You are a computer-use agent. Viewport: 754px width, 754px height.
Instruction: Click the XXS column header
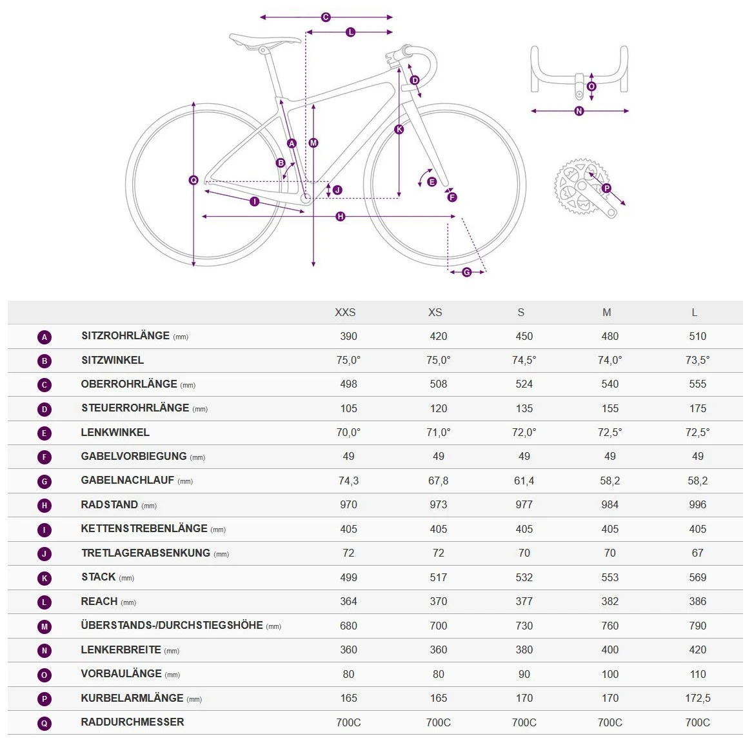pos(345,312)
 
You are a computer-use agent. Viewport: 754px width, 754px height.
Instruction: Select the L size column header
pos(694,312)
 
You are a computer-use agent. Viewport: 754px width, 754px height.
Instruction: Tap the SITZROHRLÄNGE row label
pos(125,336)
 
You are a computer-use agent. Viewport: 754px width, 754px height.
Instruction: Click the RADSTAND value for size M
pos(610,504)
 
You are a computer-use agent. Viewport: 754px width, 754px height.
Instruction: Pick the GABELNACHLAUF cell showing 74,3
pos(348,481)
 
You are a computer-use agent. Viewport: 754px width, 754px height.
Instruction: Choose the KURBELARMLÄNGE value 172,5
pos(698,698)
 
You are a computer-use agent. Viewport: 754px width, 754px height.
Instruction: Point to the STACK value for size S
pos(524,577)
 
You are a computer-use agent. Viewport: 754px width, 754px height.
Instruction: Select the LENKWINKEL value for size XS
pos(438,432)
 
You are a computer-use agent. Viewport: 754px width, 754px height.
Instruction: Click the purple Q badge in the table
pos(45,723)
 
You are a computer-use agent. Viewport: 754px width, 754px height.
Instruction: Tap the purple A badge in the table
pos(45,337)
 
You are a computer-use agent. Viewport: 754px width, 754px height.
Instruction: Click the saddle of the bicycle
pos(264,40)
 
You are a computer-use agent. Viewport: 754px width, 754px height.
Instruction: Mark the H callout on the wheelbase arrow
pos(341,217)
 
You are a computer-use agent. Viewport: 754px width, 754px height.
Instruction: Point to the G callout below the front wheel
pos(466,272)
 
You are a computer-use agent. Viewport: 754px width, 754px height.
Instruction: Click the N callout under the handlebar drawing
pos(579,111)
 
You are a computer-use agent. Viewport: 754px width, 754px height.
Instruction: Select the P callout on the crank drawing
pos(606,188)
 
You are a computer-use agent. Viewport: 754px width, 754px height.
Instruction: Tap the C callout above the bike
pos(326,17)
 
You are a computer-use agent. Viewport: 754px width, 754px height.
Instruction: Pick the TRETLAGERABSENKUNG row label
pos(146,553)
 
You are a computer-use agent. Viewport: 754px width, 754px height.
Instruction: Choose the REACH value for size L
pos(697,601)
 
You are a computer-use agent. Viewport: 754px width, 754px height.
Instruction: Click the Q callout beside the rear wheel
pos(193,181)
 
